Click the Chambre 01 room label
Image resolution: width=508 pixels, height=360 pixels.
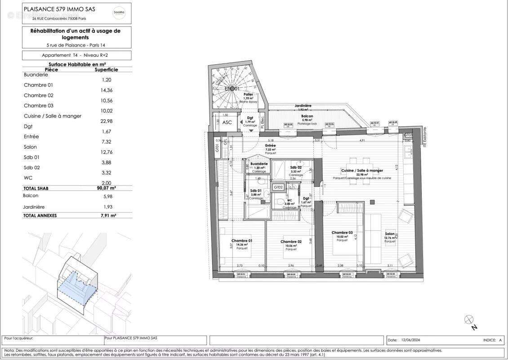coord(241,241)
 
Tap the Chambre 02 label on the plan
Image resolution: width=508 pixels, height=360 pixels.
coord(291,242)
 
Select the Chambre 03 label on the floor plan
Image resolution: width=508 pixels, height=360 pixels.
coord(342,233)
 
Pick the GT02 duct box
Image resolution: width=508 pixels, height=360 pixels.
coord(278,187)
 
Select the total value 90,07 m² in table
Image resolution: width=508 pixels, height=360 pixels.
coord(106,189)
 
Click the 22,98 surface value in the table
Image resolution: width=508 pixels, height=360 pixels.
coord(106,121)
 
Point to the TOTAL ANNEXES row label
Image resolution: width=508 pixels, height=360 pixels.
coord(40,216)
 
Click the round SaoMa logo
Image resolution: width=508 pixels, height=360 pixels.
coord(119,13)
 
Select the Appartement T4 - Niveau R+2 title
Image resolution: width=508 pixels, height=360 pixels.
coord(77,55)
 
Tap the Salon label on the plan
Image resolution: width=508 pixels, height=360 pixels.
coord(390,234)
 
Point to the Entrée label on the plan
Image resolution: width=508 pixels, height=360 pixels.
coord(270,146)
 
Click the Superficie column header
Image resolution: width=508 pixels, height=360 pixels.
coord(106,70)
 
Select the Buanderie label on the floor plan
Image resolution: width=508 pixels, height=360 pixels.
coord(259,163)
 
